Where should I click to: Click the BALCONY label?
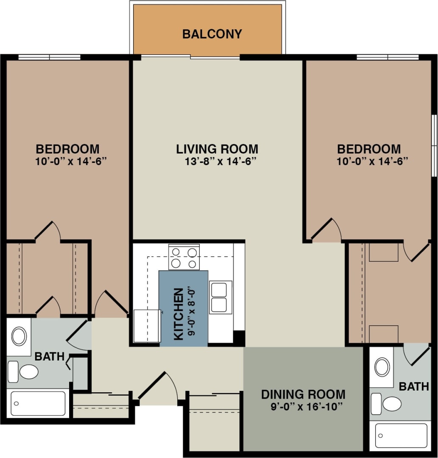(212, 34)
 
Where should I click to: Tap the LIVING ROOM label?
(217, 149)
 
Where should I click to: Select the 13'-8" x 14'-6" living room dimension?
(217, 161)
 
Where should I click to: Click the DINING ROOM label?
(303, 394)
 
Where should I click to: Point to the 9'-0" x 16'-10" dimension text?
(307, 407)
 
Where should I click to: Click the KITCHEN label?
(179, 314)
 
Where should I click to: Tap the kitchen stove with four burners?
(184, 257)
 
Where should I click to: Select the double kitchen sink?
(220, 297)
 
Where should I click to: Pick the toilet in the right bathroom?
(388, 404)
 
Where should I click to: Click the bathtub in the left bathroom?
(38, 403)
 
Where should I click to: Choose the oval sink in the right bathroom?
(382, 367)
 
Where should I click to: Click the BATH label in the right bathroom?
(414, 386)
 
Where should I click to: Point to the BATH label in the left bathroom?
(49, 356)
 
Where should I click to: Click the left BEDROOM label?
(67, 149)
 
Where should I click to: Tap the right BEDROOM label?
(369, 149)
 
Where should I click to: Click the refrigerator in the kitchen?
(147, 326)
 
